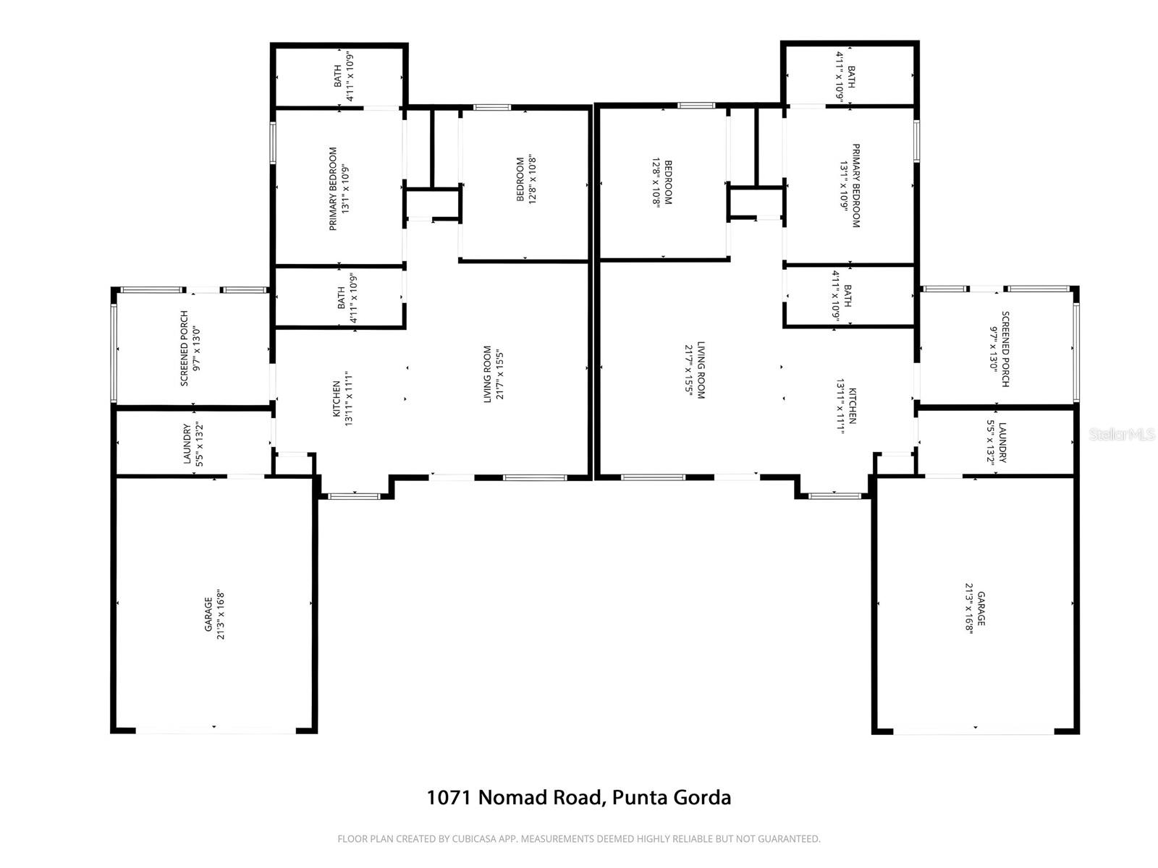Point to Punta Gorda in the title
pyautogui.click(x=671, y=797)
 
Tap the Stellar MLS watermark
pyautogui.click(x=1122, y=434)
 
